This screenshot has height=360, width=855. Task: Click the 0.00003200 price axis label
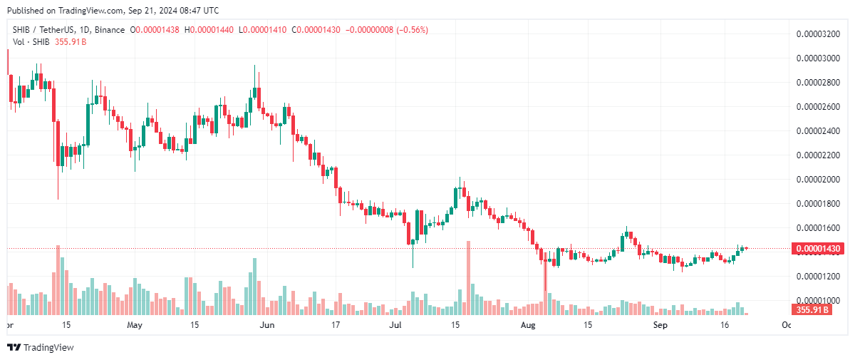point(817,34)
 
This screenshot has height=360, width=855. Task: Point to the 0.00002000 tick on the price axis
point(817,179)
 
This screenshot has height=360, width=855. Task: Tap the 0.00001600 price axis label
point(817,227)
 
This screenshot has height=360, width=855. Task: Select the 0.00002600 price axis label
point(817,106)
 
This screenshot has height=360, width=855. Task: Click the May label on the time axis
point(135,325)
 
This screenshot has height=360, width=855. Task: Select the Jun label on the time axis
point(266,325)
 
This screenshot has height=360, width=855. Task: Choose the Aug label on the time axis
point(528,325)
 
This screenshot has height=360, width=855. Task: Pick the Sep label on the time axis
point(660,325)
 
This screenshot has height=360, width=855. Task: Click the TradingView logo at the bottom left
point(41,347)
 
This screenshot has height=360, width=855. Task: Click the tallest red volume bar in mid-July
point(468,278)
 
